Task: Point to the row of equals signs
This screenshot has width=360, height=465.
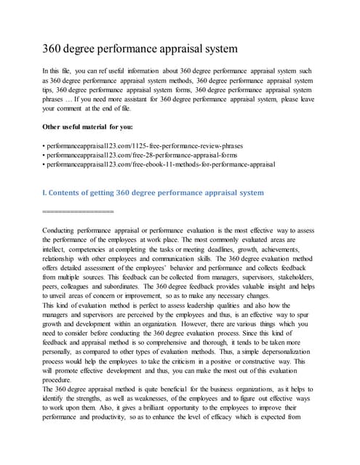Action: coord(78,211)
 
